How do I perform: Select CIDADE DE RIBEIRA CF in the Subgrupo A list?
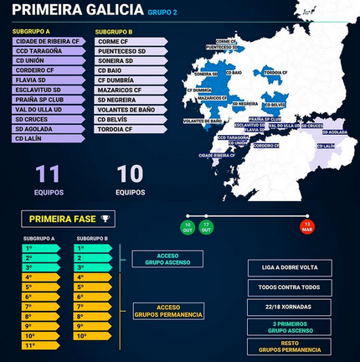pyautogui.click(x=48, y=41)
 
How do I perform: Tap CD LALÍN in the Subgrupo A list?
pyautogui.click(x=48, y=138)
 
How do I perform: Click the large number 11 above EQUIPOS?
pyautogui.click(x=48, y=174)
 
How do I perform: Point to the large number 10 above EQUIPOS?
pyautogui.click(x=130, y=174)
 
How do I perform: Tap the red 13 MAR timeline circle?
pyautogui.click(x=307, y=227)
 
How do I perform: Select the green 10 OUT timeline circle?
pyautogui.click(x=188, y=227)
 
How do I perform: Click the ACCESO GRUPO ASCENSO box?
pyautogui.click(x=173, y=257)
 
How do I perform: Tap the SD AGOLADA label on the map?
pyautogui.click(x=333, y=132)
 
